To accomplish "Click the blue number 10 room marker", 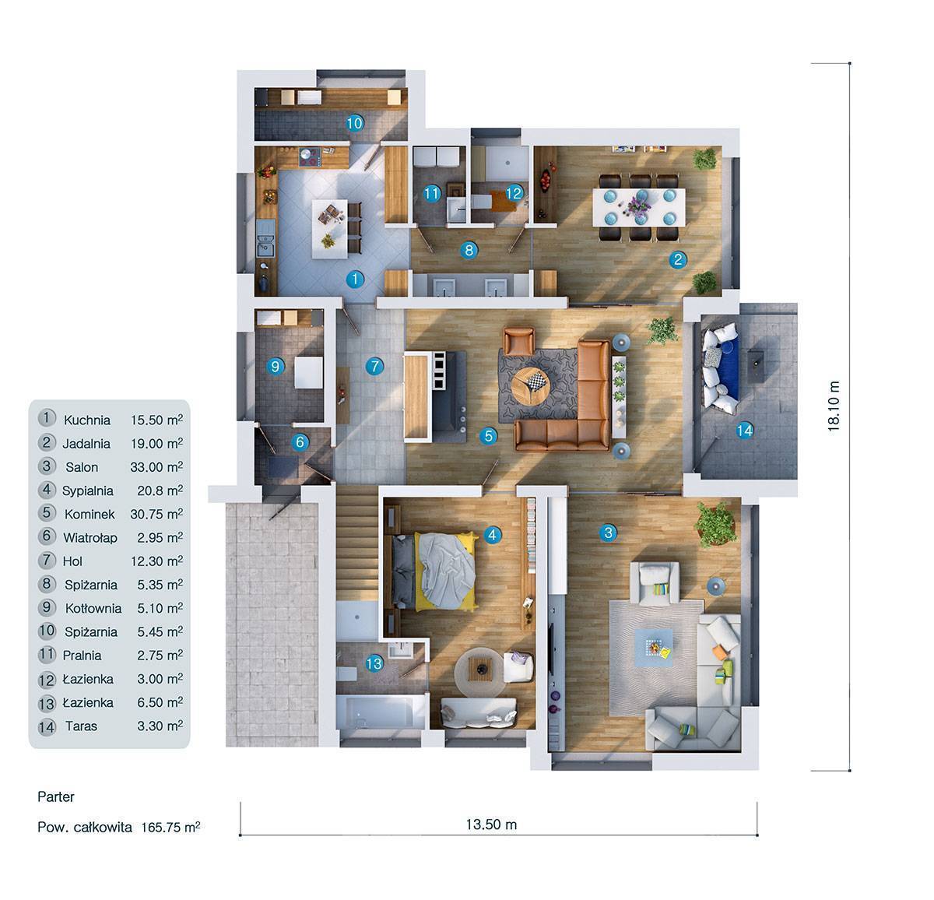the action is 355,123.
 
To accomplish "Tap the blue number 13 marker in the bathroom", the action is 374,663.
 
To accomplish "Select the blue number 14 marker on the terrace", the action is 744,430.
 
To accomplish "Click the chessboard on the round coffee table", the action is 537,382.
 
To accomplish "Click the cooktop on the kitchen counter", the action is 311,156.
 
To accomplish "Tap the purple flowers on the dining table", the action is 639,201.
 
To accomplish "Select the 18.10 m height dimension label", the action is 834,406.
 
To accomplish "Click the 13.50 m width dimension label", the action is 491,824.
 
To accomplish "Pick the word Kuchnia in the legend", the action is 87,420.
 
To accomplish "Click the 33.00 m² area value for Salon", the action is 156,466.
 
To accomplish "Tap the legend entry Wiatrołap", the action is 90,538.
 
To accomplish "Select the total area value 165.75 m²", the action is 170,827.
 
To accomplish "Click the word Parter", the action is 56,796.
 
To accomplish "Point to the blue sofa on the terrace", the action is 721,368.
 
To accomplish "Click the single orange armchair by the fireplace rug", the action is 518,341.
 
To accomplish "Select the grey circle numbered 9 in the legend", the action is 47,607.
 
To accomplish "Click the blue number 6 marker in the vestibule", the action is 300,441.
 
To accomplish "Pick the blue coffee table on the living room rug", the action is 653,648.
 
